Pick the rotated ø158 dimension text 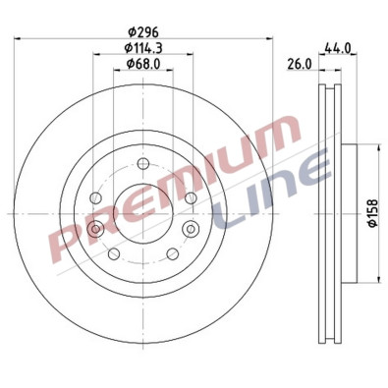[372, 212]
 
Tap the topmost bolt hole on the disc [143, 163]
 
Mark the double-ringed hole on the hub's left [95, 229]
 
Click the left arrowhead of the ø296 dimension [20, 38]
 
